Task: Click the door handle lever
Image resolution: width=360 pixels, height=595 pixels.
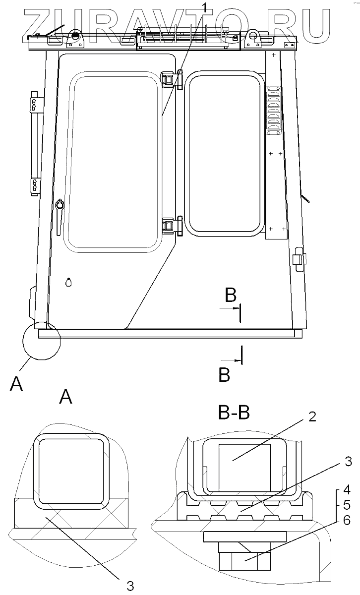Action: tap(60, 214)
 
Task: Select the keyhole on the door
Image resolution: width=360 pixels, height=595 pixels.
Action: tap(68, 283)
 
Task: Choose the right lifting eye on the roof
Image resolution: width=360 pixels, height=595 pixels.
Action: tap(252, 36)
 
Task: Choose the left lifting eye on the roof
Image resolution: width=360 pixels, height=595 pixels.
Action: tap(75, 36)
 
